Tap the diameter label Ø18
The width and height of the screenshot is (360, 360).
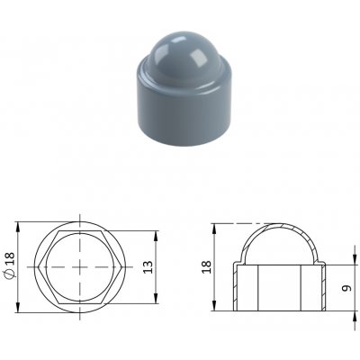click(10, 265)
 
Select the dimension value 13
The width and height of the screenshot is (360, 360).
click(148, 267)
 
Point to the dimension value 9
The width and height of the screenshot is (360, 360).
click(346, 288)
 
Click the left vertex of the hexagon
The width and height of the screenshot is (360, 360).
click(39, 267)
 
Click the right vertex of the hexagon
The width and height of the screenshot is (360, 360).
click(121, 267)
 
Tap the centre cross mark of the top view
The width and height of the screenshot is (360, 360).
click(80, 267)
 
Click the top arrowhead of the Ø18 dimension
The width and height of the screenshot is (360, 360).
click(18, 226)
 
